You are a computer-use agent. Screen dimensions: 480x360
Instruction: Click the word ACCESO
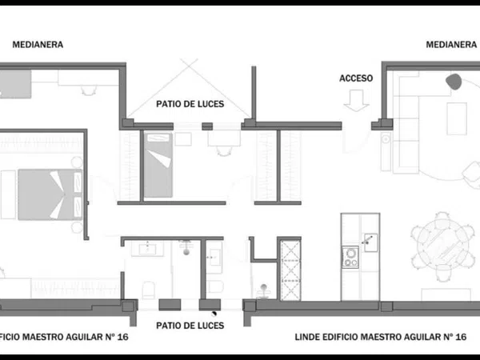[356, 78]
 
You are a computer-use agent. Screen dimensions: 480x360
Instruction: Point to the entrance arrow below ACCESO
[356, 101]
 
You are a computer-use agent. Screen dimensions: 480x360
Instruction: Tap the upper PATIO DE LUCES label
[190, 104]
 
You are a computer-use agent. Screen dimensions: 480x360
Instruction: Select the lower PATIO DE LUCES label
[190, 326]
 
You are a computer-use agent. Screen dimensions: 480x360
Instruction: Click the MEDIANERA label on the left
[38, 45]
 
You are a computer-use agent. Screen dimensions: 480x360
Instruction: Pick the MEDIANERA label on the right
[451, 45]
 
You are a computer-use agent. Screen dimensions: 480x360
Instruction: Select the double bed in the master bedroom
[50, 194]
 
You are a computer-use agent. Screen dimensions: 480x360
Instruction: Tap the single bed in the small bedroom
[158, 165]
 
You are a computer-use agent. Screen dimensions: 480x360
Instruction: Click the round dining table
[442, 242]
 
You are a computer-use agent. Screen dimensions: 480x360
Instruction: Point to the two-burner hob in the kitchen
[350, 257]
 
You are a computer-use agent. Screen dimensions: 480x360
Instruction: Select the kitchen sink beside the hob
[370, 242]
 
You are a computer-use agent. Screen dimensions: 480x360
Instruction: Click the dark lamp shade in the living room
[454, 82]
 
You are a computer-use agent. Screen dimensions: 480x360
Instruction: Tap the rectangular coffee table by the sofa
[457, 118]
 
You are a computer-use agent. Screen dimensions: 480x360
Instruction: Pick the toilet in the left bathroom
[149, 290]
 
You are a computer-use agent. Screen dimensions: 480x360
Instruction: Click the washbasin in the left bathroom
[147, 249]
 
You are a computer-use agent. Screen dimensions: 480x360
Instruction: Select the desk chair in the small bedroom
[224, 151]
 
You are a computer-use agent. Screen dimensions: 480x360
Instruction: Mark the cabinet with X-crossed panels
[290, 270]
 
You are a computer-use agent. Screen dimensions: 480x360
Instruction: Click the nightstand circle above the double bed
[77, 162]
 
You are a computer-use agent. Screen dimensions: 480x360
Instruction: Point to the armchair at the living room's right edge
[471, 175]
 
